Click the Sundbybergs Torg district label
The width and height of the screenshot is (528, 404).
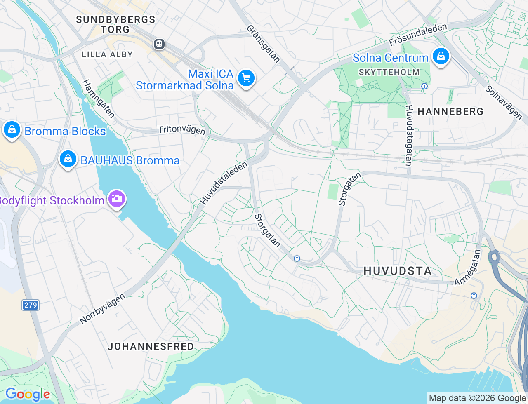115,24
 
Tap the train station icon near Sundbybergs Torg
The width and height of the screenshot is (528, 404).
159,44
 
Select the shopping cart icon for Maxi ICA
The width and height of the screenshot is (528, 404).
246,78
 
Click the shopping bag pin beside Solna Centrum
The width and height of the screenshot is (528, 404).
441,56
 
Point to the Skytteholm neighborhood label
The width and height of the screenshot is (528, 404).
389,72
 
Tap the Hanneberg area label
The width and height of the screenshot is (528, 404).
450,111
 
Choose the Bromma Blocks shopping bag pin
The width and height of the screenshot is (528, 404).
12,130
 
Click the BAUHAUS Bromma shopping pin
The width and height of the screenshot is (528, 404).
68,159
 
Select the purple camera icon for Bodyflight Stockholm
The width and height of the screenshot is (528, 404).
116,199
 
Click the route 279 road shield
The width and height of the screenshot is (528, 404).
31,305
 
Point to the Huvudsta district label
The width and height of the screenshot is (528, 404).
398,271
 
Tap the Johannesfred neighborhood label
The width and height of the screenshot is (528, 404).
151,346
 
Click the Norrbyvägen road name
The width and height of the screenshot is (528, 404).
102,308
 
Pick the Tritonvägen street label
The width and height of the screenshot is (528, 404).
181,130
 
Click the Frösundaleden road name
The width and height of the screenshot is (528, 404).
418,35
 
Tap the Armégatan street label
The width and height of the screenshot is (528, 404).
468,267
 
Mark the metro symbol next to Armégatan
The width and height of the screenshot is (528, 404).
474,296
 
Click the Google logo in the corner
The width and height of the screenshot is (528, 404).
28,394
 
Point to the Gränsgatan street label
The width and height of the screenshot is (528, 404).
264,44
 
